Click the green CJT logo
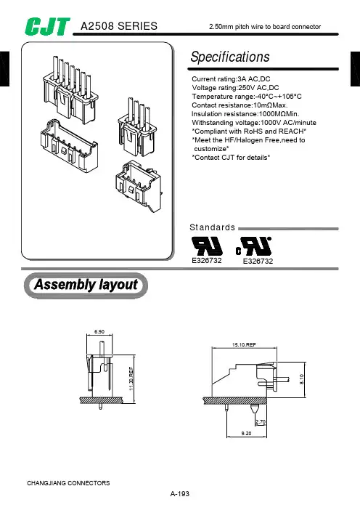[x=47, y=26]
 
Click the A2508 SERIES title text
[x=119, y=26]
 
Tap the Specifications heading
[x=230, y=57]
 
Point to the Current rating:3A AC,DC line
[x=231, y=79]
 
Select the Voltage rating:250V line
[x=235, y=88]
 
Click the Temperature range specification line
[x=247, y=97]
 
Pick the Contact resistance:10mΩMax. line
[x=240, y=105]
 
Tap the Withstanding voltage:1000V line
[x=254, y=123]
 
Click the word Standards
[x=212, y=227]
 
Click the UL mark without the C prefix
[x=207, y=246]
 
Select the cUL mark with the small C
[x=254, y=246]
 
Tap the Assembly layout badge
[x=86, y=286]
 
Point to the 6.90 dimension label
[x=99, y=332]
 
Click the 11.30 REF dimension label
[x=131, y=379]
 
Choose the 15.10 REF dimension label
[x=244, y=345]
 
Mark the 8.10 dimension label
[x=301, y=379]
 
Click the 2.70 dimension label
[x=261, y=422]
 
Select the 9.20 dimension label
[x=246, y=433]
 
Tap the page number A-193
[x=180, y=494]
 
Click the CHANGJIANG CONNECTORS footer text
[x=68, y=483]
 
